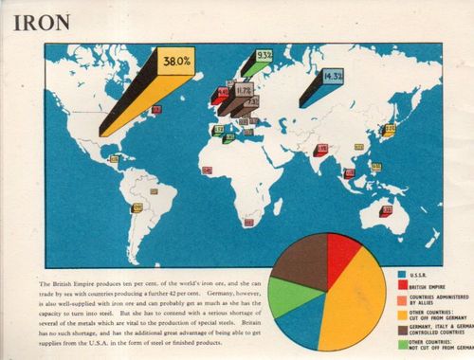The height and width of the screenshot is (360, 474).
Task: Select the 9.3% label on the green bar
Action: (264, 56)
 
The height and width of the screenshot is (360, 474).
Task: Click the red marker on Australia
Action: (386, 212)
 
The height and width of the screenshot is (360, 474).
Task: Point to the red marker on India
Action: (321, 150)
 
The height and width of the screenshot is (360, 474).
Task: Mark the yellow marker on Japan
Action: (389, 129)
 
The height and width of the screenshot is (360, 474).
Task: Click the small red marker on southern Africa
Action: (248, 224)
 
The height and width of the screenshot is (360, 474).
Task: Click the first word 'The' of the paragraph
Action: (46, 283)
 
